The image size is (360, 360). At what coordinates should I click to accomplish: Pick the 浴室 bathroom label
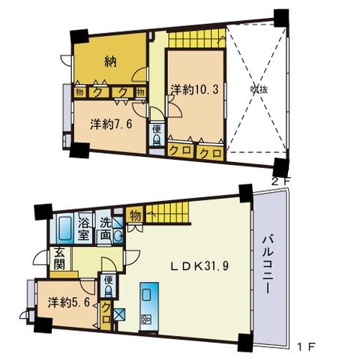point(84,228)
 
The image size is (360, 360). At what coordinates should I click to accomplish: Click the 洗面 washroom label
point(106,228)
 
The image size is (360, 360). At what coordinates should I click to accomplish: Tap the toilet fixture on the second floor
point(157,142)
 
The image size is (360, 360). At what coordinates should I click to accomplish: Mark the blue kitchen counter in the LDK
point(147,298)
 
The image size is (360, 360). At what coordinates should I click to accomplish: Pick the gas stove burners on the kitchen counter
point(146,318)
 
